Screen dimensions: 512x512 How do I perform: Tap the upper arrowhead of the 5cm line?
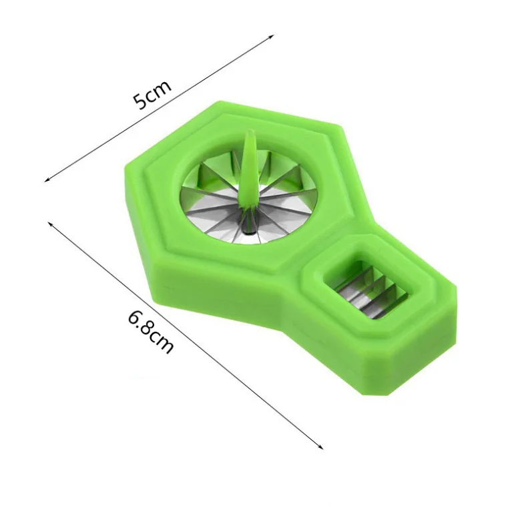(271, 37)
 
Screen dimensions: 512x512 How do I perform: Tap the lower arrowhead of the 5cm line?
(47, 180)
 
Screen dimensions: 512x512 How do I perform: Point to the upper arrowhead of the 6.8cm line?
(50, 224)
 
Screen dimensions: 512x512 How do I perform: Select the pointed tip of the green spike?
(250, 131)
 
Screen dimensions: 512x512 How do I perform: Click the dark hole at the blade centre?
(249, 232)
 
